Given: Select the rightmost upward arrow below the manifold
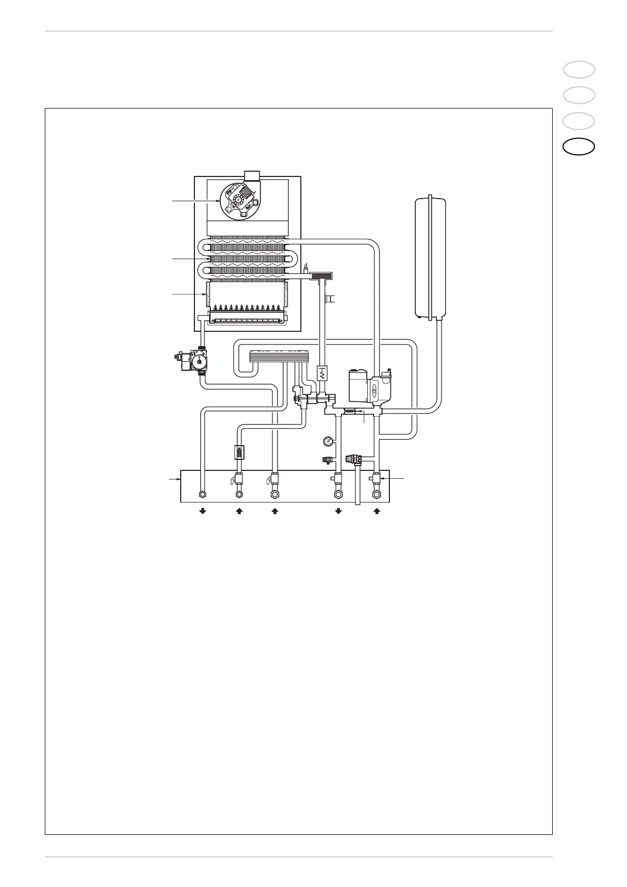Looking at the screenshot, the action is (377, 511).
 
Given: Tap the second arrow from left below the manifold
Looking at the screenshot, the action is (239, 511).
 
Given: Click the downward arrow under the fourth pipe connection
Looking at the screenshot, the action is (338, 511).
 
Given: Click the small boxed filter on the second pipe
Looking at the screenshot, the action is (239, 452).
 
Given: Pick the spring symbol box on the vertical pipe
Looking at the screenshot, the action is (322, 374).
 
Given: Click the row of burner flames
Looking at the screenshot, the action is (247, 307).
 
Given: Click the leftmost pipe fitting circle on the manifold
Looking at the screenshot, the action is (202, 495).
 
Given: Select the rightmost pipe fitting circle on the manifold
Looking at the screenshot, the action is (377, 495).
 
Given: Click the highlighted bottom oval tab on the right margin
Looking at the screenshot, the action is (579, 147).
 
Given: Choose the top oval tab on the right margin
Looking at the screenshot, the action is (579, 70).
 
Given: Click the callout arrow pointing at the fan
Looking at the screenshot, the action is (195, 200).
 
